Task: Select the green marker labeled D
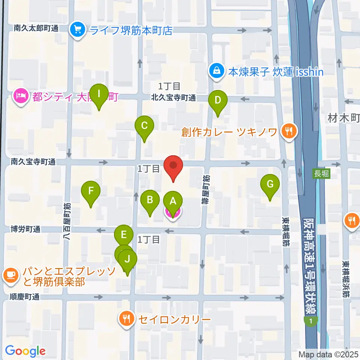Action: click(x=217, y=100)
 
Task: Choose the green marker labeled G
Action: click(x=270, y=184)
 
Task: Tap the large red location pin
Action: click(x=173, y=165)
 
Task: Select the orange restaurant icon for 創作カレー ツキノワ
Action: click(x=288, y=131)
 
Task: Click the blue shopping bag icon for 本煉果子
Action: click(x=217, y=70)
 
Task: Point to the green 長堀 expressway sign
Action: click(x=322, y=174)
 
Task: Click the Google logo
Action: click(x=25, y=351)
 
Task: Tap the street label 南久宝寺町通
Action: click(x=33, y=162)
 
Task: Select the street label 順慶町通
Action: click(x=25, y=297)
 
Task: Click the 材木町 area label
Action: click(x=343, y=119)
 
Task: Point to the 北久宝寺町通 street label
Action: click(x=173, y=98)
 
